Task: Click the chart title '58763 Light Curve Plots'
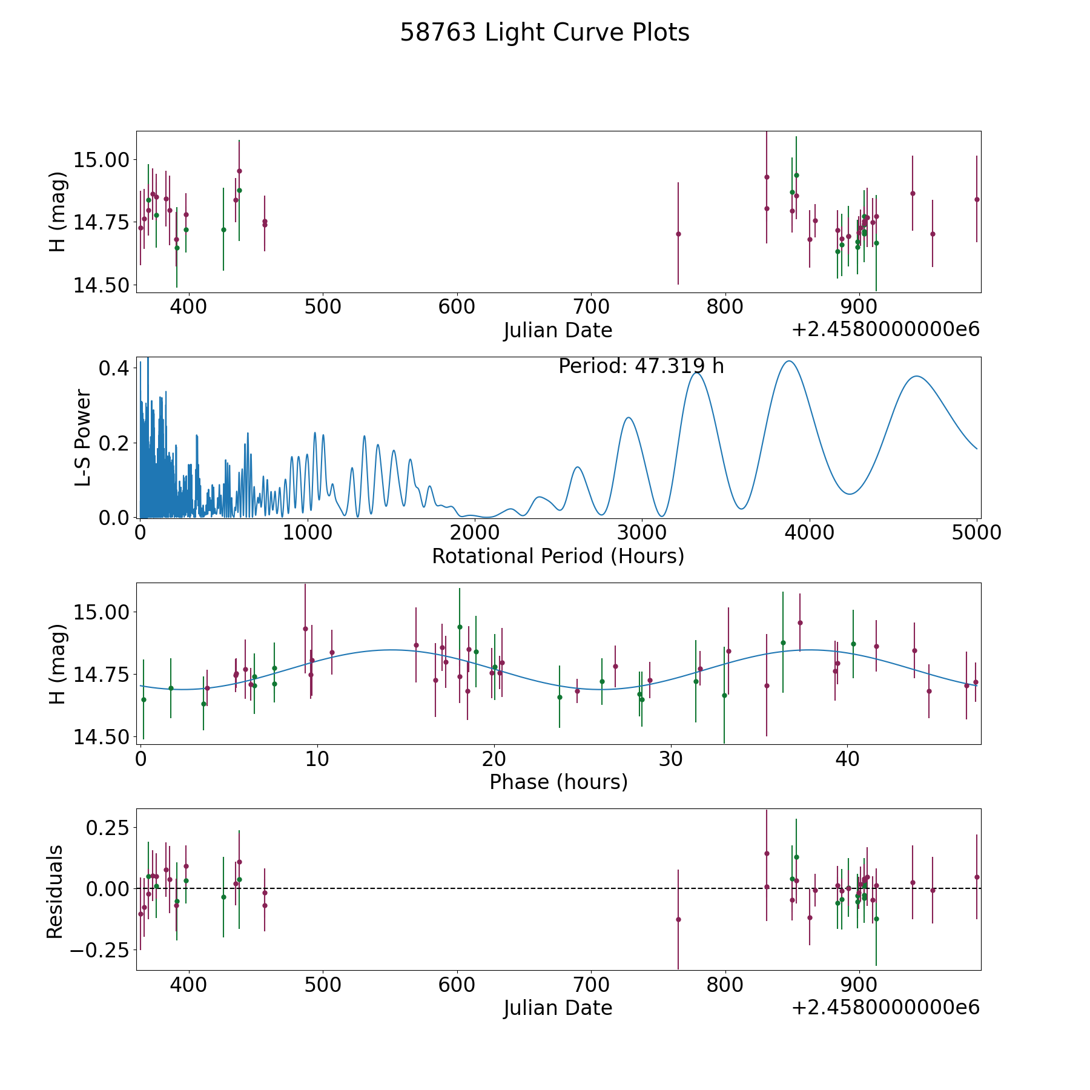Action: (544, 33)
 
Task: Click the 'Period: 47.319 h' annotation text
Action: (641, 366)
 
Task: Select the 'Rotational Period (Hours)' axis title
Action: (558, 556)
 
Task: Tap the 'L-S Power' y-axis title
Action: (83, 437)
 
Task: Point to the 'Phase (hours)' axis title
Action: (558, 782)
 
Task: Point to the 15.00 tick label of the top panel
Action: (101, 160)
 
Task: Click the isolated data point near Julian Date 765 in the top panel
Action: (678, 234)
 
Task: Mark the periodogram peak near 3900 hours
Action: (789, 361)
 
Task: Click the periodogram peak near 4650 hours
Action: (917, 376)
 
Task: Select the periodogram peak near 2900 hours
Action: (629, 417)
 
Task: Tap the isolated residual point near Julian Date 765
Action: (678, 919)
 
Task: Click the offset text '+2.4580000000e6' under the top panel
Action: (885, 329)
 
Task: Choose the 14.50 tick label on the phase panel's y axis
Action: (101, 737)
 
